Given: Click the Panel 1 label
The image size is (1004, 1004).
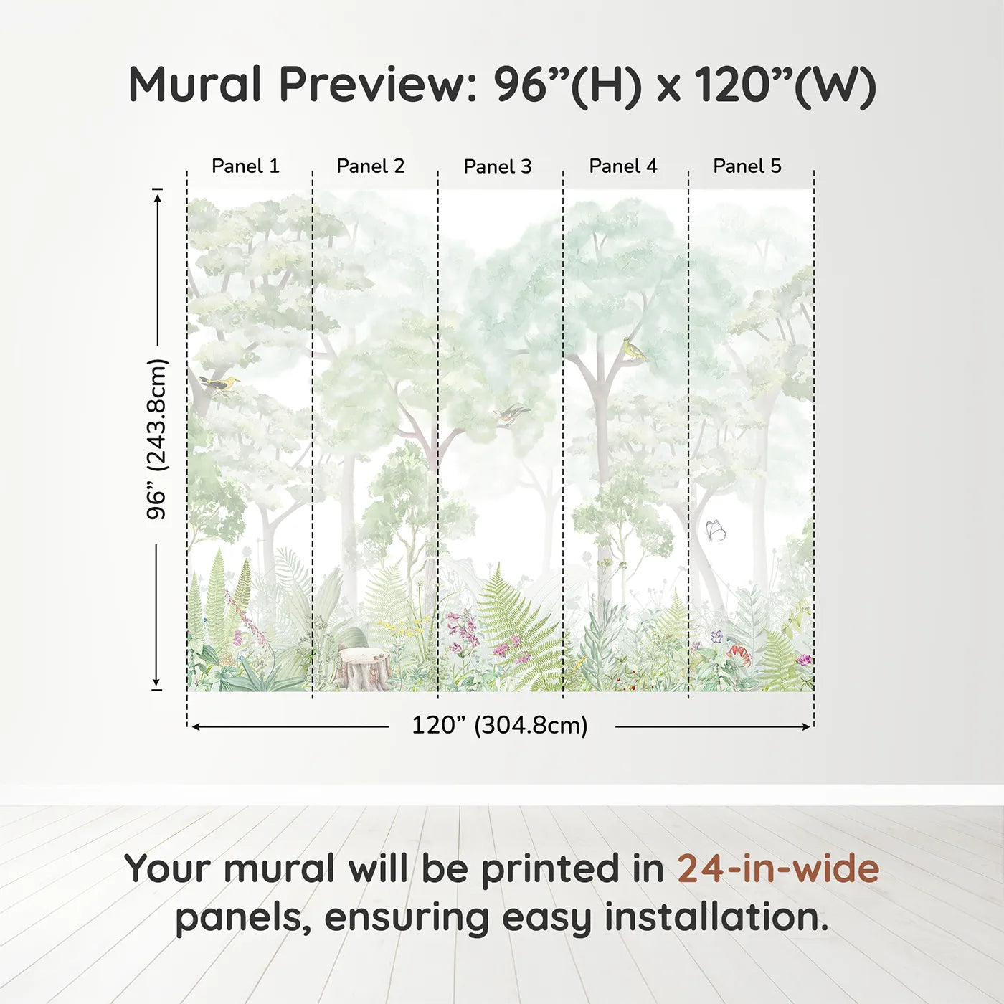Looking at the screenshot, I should [x=245, y=166].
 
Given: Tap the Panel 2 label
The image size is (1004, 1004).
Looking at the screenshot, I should [x=370, y=166].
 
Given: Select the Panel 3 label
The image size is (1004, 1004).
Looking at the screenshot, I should [x=497, y=167].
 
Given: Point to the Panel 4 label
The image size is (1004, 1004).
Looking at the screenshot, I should [x=622, y=166].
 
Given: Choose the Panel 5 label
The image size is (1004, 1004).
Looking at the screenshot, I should [x=747, y=166].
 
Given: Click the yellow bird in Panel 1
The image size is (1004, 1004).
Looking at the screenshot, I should [x=220, y=384].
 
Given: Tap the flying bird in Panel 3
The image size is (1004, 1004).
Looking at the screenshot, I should [x=511, y=415].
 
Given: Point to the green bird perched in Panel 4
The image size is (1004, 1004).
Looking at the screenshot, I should [x=634, y=349].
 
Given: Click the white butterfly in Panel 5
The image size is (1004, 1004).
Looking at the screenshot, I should [x=715, y=530].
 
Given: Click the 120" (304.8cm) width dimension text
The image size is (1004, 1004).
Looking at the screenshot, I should [x=499, y=726].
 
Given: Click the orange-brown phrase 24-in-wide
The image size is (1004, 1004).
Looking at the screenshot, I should [x=778, y=868].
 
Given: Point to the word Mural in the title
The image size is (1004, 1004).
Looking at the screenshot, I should [x=195, y=85].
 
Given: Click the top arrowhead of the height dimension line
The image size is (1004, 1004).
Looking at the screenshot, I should [x=157, y=195].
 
